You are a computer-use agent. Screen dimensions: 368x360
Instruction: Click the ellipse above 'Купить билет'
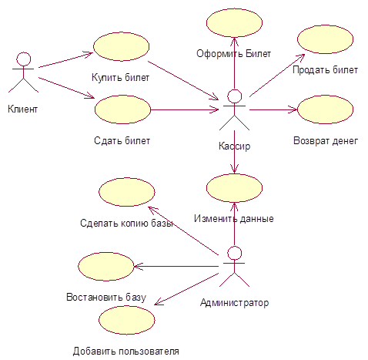point(121,46)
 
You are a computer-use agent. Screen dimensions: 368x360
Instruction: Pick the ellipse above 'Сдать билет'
point(122,109)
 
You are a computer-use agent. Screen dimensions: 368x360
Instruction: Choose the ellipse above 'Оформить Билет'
point(234,23)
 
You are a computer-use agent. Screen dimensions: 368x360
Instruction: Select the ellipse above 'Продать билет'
point(325,39)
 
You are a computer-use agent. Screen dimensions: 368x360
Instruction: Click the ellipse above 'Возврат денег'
point(325,109)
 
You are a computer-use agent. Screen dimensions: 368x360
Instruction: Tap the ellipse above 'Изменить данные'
point(234,188)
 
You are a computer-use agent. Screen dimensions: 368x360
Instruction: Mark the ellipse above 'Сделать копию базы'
point(127,192)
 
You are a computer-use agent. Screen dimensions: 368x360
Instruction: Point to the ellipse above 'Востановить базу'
point(106,267)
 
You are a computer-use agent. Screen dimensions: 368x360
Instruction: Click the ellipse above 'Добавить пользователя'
point(127,320)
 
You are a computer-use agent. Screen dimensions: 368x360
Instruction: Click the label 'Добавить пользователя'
point(126,351)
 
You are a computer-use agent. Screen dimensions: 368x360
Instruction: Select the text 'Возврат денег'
point(326,141)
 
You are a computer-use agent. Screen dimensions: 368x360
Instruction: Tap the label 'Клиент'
point(23,109)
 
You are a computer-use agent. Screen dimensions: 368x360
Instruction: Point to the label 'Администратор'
point(235,303)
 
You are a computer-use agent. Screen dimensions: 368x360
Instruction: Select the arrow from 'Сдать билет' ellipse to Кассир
point(185,109)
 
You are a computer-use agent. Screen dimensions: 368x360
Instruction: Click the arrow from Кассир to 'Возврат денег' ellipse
point(273,109)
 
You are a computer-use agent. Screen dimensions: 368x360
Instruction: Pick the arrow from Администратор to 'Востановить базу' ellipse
point(176,267)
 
